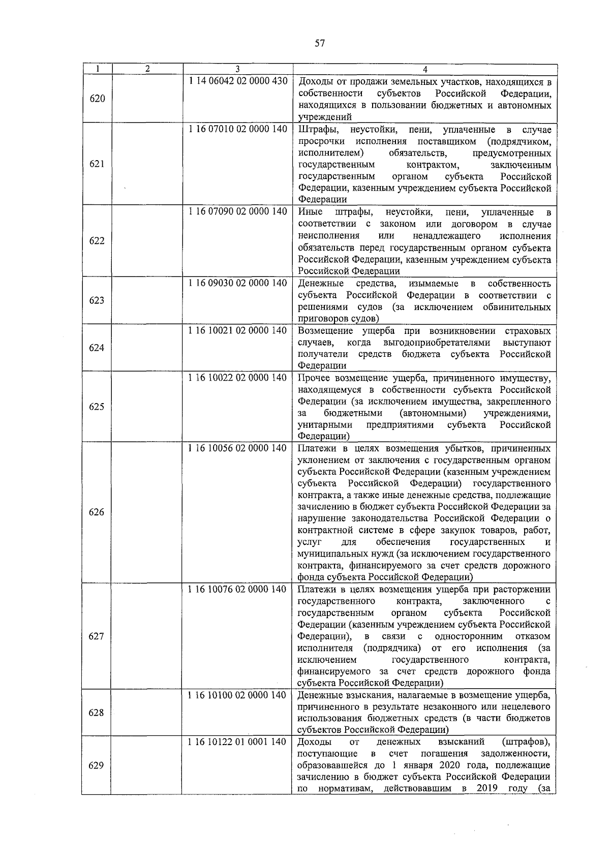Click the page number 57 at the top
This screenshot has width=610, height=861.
pos(320,43)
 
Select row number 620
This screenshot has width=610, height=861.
pos(97,99)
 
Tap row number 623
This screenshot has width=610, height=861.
pos(97,300)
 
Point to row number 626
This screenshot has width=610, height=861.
pos(97,512)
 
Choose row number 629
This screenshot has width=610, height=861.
pos(97,765)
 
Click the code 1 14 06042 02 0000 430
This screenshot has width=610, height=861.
pos(237,81)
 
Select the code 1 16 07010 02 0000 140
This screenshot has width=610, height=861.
pos(237,129)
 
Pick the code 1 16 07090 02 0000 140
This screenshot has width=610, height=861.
pos(237,211)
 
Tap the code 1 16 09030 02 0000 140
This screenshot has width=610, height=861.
pos(237,283)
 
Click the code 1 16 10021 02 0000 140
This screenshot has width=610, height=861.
pos(237,330)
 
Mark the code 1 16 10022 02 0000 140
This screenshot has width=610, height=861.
pos(237,378)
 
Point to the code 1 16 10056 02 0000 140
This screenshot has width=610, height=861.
pos(237,448)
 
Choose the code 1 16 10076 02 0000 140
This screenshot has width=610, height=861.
pos(237,590)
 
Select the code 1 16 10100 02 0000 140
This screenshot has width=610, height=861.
pos(237,695)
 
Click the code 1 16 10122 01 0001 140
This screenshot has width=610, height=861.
pos(237,742)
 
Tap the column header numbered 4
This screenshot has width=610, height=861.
pos(425,69)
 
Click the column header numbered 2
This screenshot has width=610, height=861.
pos(147,69)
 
